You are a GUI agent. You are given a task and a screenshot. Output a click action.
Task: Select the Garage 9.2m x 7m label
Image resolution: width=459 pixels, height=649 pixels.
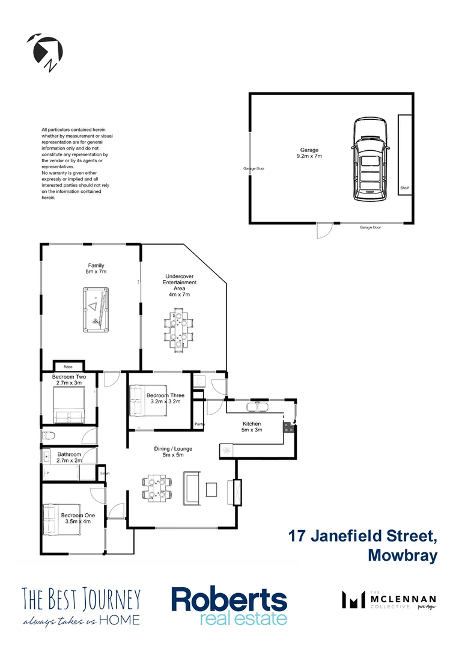tap(309, 153)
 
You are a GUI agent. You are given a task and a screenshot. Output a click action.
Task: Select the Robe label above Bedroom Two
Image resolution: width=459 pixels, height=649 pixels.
tap(68, 366)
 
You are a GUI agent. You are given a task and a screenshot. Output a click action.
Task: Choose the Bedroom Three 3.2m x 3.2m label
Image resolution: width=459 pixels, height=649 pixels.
tap(161, 399)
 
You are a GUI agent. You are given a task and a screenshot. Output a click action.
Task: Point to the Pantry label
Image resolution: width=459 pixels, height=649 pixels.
tap(200, 424)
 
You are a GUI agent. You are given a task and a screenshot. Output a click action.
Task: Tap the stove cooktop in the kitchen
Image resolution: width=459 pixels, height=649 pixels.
tap(289, 428)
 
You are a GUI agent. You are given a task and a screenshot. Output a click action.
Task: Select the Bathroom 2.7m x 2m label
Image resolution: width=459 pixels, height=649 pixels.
tap(68, 458)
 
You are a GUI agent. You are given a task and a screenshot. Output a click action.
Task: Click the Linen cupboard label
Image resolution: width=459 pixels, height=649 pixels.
tap(105, 474)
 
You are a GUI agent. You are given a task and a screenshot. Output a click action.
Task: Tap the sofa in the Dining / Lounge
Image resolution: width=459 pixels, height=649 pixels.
tap(192, 487)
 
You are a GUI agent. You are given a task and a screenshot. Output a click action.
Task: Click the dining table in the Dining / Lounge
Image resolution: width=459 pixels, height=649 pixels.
tap(157, 487)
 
